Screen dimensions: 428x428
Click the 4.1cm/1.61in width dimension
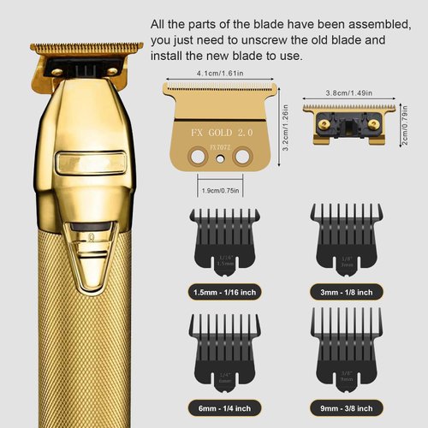(x=219, y=74)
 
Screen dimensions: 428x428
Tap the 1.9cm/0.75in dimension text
(x=219, y=189)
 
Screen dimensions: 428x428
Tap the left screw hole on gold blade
(x=201, y=156)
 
